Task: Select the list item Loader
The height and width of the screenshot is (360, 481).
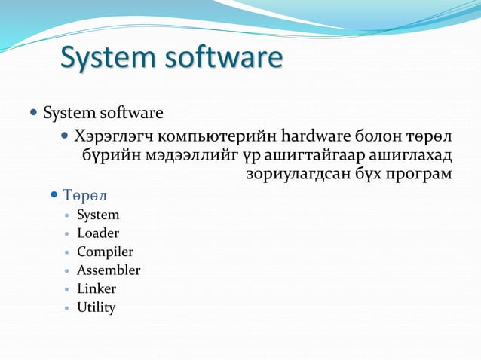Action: pos(98,233)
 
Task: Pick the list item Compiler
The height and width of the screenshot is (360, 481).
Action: pos(105,252)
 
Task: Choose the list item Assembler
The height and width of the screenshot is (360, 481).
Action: pos(109,270)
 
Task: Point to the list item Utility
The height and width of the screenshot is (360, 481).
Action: pos(96,307)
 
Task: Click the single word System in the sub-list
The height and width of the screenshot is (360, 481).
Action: pos(98,215)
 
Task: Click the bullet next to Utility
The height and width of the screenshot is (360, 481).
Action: pos(68,307)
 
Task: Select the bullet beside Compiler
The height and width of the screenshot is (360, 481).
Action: pos(68,252)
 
